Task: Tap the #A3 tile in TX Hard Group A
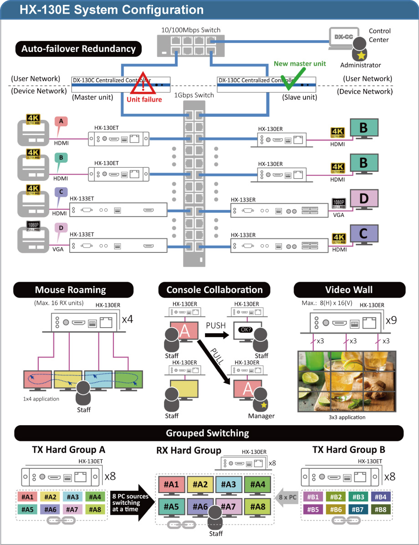[72, 496]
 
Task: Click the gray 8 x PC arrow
[286, 497]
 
